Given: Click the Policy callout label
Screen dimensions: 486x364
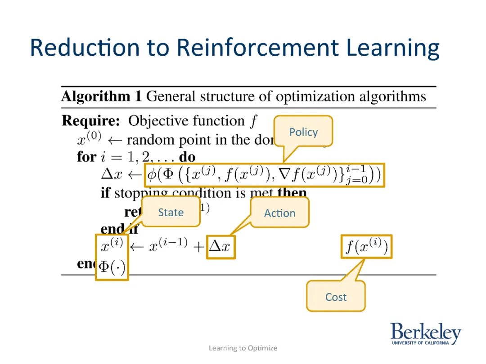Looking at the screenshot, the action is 303,132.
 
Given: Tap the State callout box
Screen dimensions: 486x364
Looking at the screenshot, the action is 171,212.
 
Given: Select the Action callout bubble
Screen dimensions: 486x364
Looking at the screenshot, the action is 279,213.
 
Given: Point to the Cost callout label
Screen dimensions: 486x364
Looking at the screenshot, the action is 336,297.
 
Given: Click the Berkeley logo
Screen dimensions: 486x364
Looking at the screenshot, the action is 425,334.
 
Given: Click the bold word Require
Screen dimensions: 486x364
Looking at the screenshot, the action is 90,121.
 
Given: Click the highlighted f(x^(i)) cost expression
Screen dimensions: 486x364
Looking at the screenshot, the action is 366,247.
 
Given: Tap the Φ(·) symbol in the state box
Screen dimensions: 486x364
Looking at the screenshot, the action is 112,267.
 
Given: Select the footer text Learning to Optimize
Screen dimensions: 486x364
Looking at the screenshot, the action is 243,348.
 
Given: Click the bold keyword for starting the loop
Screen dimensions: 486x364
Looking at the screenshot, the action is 86,157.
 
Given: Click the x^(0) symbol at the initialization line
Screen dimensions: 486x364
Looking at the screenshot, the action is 88,139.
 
